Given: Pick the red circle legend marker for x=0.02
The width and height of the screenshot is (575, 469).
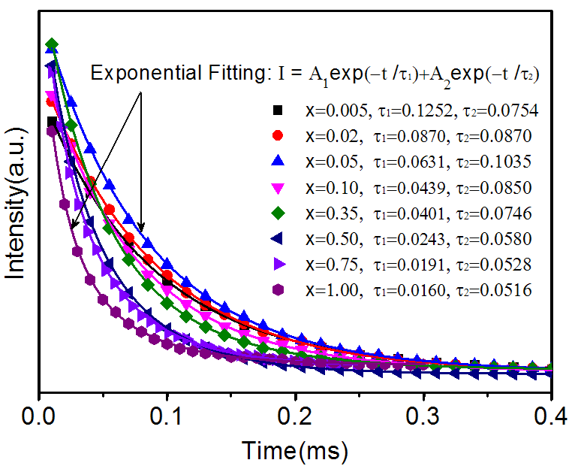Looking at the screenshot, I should (x=278, y=136).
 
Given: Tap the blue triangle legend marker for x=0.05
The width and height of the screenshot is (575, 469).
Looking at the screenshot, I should (x=278, y=161).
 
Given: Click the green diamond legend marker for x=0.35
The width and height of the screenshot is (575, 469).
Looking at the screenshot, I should (x=278, y=213).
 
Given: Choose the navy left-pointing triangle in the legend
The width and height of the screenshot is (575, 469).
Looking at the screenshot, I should (x=277, y=238).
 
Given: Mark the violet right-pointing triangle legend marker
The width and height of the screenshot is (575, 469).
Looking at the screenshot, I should (x=278, y=264).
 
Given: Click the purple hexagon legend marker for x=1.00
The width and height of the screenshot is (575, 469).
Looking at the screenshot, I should (x=278, y=289).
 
